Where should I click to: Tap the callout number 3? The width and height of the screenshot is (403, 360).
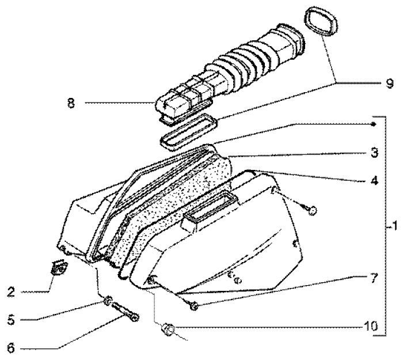(374, 153)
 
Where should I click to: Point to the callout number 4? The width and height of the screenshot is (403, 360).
(374, 180)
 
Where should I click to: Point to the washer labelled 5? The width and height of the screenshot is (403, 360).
(107, 301)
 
